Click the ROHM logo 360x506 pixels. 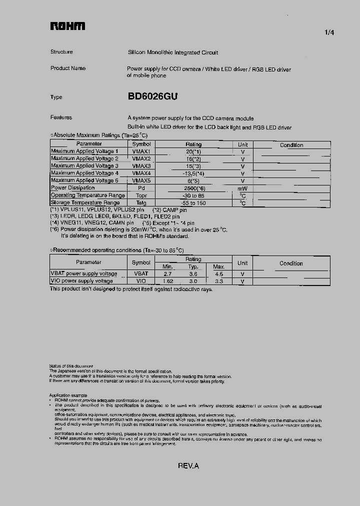click(x=67, y=26)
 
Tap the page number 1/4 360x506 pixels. click(x=329, y=32)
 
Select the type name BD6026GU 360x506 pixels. click(x=152, y=97)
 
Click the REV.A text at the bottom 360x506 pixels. click(x=188, y=465)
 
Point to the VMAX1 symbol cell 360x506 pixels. click(x=141, y=151)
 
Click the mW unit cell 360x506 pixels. click(x=242, y=188)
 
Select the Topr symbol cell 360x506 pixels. click(x=141, y=195)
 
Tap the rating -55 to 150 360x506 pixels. click(x=193, y=202)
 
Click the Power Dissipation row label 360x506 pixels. click(x=73, y=188)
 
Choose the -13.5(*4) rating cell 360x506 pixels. click(x=193, y=173)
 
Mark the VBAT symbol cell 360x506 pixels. click(x=141, y=273)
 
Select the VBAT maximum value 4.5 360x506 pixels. click(x=218, y=273)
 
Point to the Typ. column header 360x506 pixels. click(x=193, y=266)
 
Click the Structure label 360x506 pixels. click(x=61, y=52)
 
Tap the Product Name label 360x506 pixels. click(x=68, y=68)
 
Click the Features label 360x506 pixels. click(x=61, y=117)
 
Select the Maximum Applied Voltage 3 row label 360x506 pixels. click(x=84, y=165)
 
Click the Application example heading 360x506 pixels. click(x=69, y=395)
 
